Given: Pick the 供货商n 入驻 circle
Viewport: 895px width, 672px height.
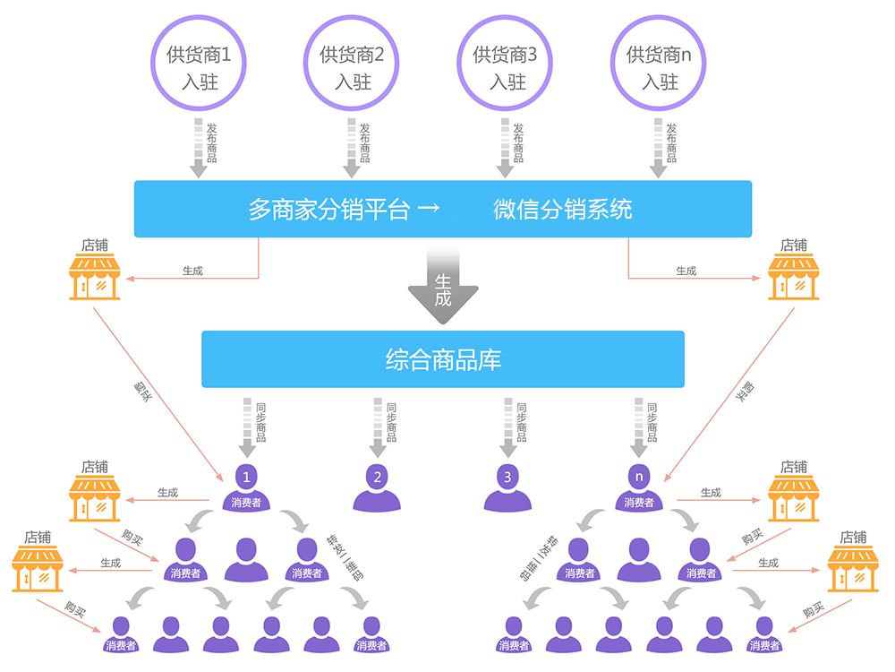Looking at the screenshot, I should (x=660, y=67).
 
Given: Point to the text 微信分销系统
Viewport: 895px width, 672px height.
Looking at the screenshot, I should (x=563, y=210).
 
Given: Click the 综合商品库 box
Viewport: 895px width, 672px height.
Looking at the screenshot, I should (x=443, y=360).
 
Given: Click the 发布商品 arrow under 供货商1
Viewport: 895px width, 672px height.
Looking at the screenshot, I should (x=200, y=148).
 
